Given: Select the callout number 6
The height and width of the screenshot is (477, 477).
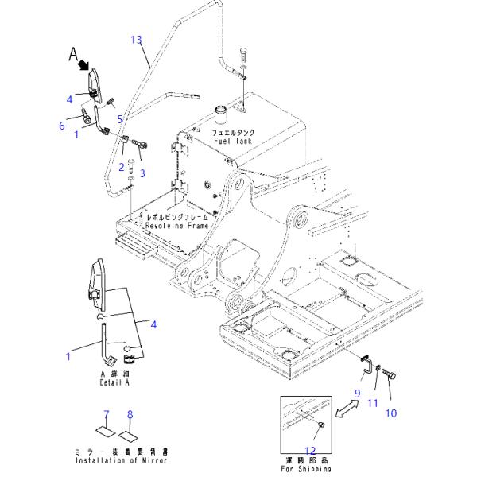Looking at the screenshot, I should pos(61,125).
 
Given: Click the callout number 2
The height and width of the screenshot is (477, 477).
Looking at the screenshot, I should pos(122,166).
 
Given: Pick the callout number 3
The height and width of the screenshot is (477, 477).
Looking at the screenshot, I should pos(142,173).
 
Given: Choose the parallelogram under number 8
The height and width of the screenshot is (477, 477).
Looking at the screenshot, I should pos(129,435).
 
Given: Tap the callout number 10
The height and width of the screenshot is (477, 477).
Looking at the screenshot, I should pos(390,413).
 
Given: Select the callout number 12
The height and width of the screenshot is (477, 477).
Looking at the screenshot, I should pos(309,451).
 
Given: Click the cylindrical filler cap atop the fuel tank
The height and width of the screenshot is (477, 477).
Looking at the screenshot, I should pos(219,110).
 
